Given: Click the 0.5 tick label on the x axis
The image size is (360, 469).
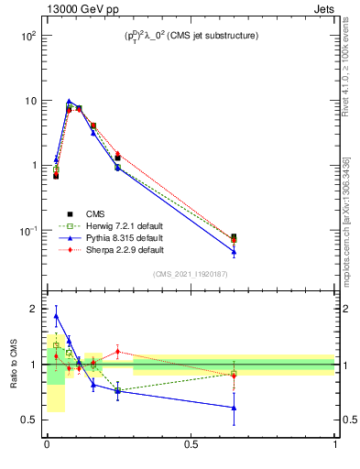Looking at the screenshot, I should coord(191,446).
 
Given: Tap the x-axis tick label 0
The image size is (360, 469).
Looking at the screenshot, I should coord(46,446).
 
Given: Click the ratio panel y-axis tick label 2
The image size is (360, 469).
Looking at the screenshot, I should coord(34,309).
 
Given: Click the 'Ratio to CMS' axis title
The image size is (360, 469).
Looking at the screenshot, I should coord(14,365).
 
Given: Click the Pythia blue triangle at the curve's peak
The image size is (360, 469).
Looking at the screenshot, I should coord(69,102).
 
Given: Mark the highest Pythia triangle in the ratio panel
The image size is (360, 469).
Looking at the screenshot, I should coord(56,316).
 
